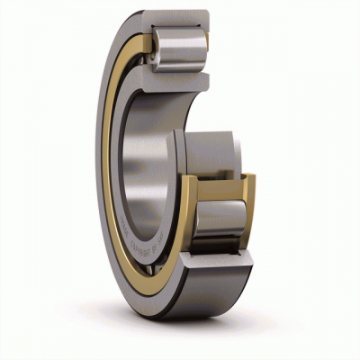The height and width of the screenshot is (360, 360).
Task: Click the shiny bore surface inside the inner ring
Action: point(148,162)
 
